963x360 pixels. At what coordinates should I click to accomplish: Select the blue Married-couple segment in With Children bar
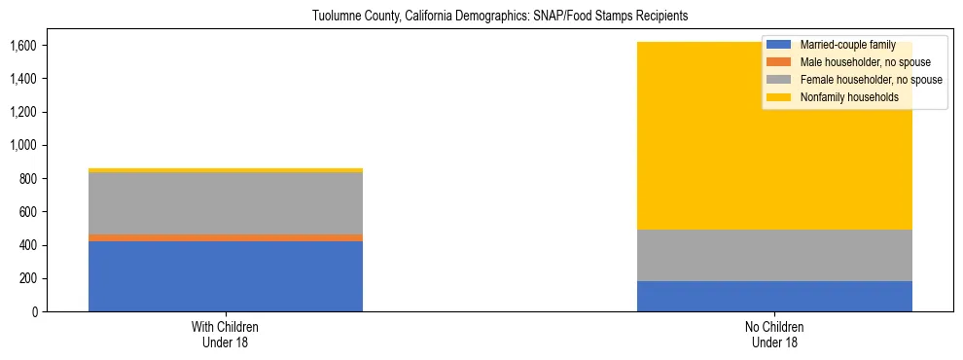[226, 276]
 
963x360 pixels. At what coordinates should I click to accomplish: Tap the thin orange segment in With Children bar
[226, 237]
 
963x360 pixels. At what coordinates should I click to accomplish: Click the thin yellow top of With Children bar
[226, 170]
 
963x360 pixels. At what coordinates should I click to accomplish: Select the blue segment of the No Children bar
[774, 296]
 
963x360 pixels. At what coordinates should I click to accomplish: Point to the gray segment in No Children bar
[774, 255]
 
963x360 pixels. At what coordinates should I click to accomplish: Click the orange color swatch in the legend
[779, 62]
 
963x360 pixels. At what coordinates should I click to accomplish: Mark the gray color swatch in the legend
[779, 80]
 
